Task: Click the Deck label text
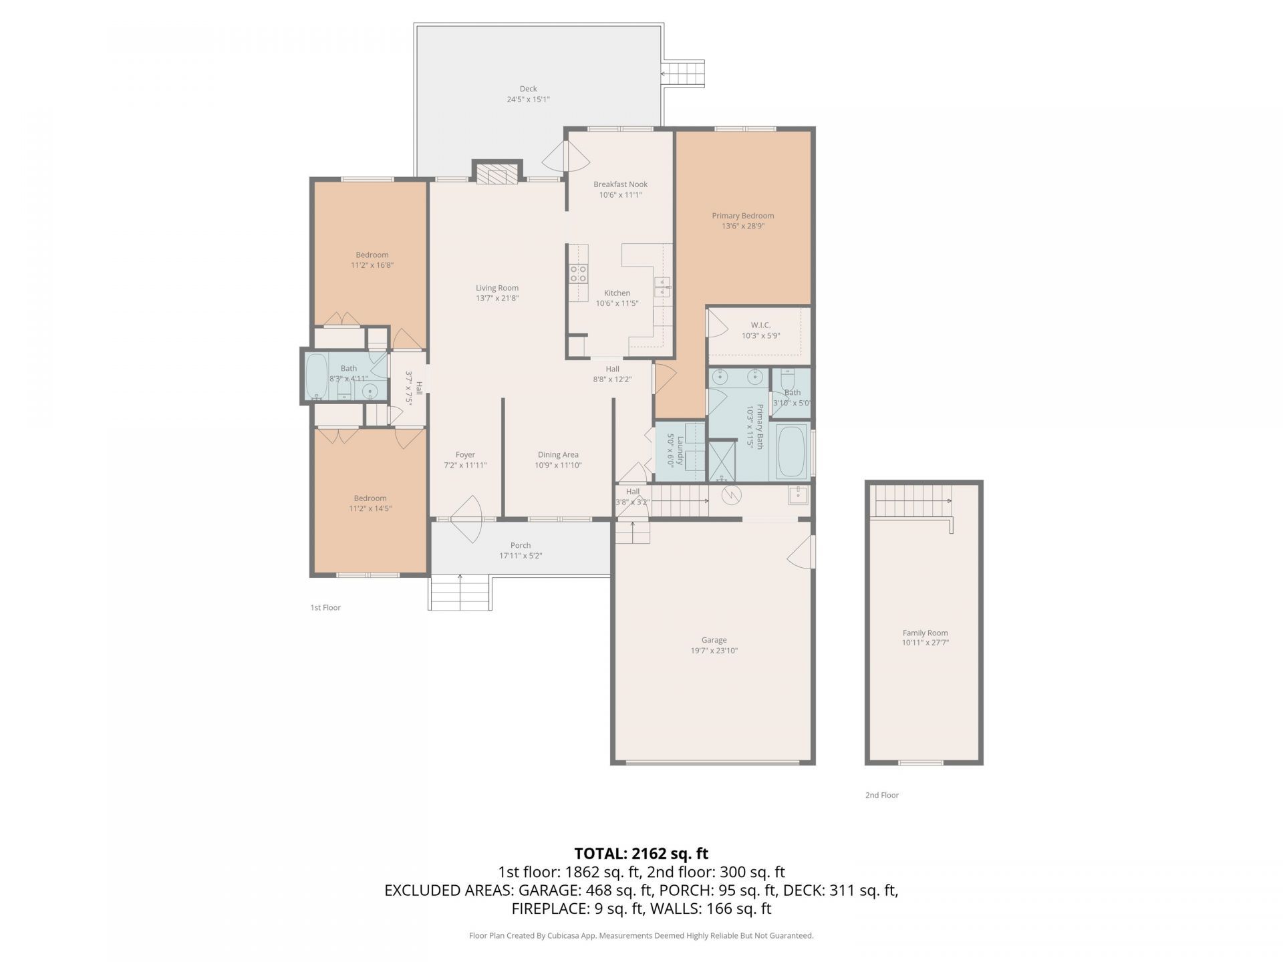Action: coord(528,89)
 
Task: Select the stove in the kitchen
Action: coord(578,274)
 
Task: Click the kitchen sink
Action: coord(662,287)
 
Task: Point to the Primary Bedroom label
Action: coord(742,216)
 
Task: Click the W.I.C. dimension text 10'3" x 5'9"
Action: coord(760,336)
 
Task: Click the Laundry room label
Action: coord(680,450)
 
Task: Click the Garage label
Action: coord(714,640)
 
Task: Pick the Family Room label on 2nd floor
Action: coord(925,633)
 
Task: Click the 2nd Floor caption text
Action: coord(881,795)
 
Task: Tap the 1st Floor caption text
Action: coord(325,607)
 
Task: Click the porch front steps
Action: coord(460,593)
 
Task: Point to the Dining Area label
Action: coord(558,455)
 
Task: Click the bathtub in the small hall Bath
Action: coord(316,377)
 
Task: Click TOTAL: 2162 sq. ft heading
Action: coord(641,853)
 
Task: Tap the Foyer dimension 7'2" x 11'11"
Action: coord(465,465)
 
